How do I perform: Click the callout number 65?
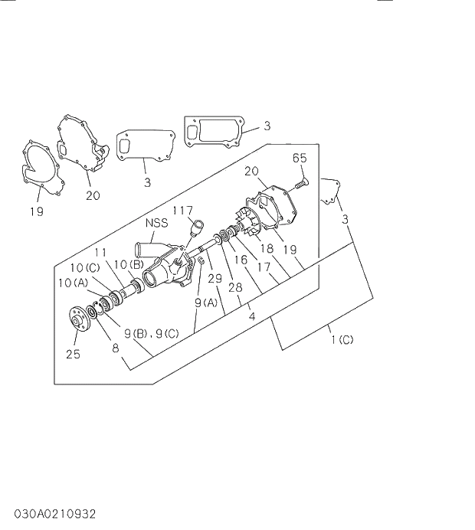[300, 159]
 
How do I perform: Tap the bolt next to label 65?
[300, 183]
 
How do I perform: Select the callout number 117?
[182, 211]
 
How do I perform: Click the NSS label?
[156, 224]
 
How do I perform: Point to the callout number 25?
[73, 353]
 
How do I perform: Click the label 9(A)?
[206, 302]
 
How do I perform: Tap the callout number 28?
[235, 287]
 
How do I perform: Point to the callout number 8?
[116, 348]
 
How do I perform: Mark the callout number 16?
[241, 260]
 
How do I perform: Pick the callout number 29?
[215, 278]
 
